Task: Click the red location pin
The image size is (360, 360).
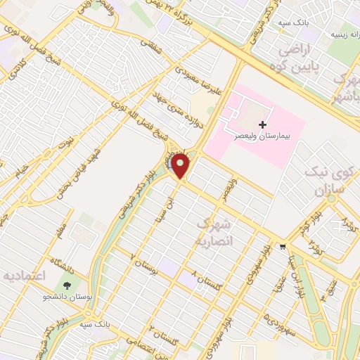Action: coord(181,166)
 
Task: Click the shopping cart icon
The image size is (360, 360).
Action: coord(283,246)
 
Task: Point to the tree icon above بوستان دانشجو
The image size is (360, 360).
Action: coord(67,285)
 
